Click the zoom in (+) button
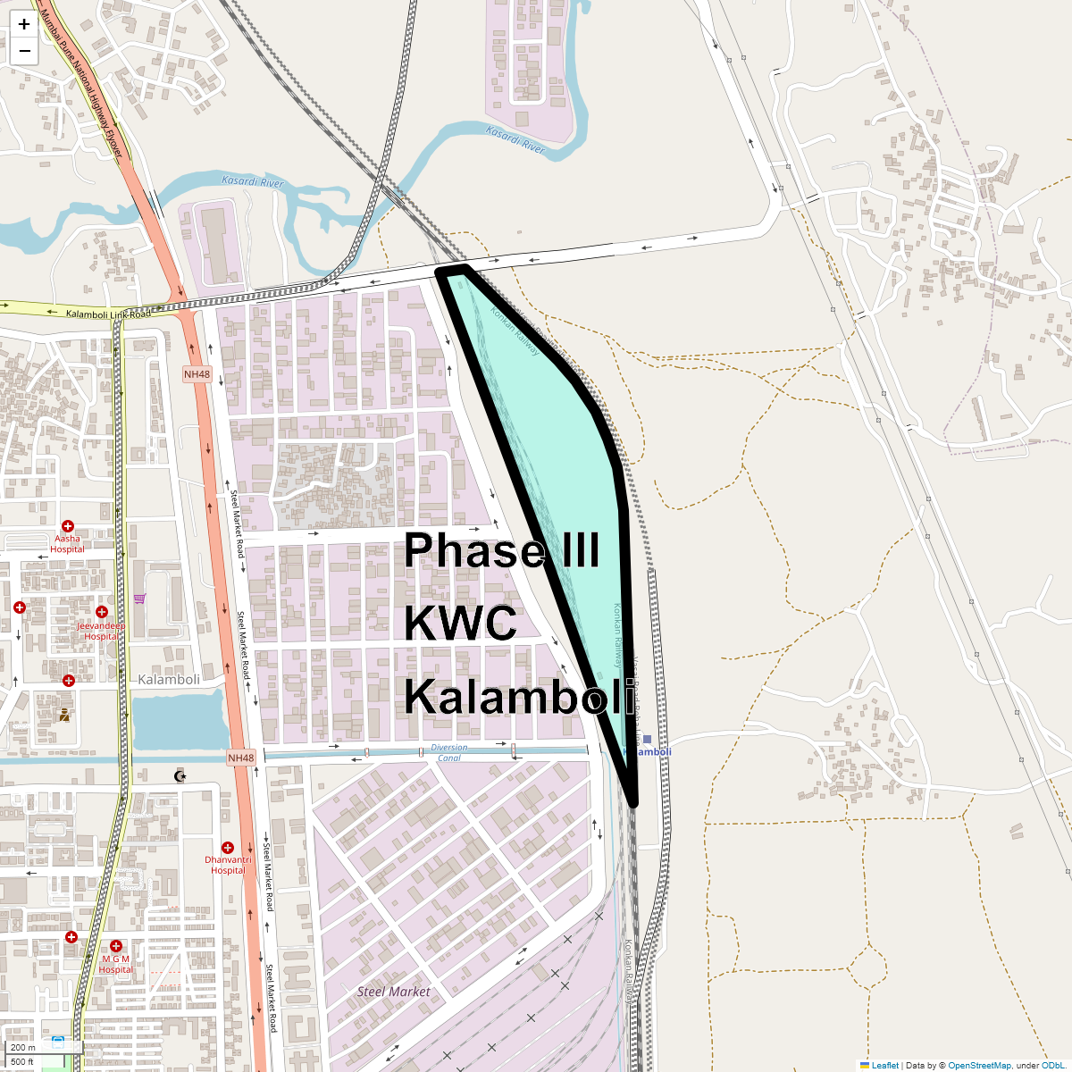click(x=24, y=24)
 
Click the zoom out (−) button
click(x=24, y=51)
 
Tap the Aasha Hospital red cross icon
click(x=67, y=526)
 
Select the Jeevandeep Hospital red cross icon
click(x=102, y=612)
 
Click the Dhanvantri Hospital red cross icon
click(x=228, y=847)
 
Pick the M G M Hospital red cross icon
click(x=115, y=946)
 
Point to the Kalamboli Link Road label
click(x=108, y=314)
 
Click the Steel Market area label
click(x=393, y=992)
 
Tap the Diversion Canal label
click(x=449, y=752)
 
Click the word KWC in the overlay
click(x=460, y=623)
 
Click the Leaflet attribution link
click(x=884, y=1065)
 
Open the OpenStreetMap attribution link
click(x=979, y=1065)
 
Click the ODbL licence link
click(x=1052, y=1065)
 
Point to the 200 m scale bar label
click(x=24, y=1047)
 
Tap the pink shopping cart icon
click(x=139, y=599)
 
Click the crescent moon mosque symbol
click(x=180, y=775)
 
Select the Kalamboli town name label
click(x=169, y=680)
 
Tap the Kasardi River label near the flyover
click(x=253, y=182)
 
